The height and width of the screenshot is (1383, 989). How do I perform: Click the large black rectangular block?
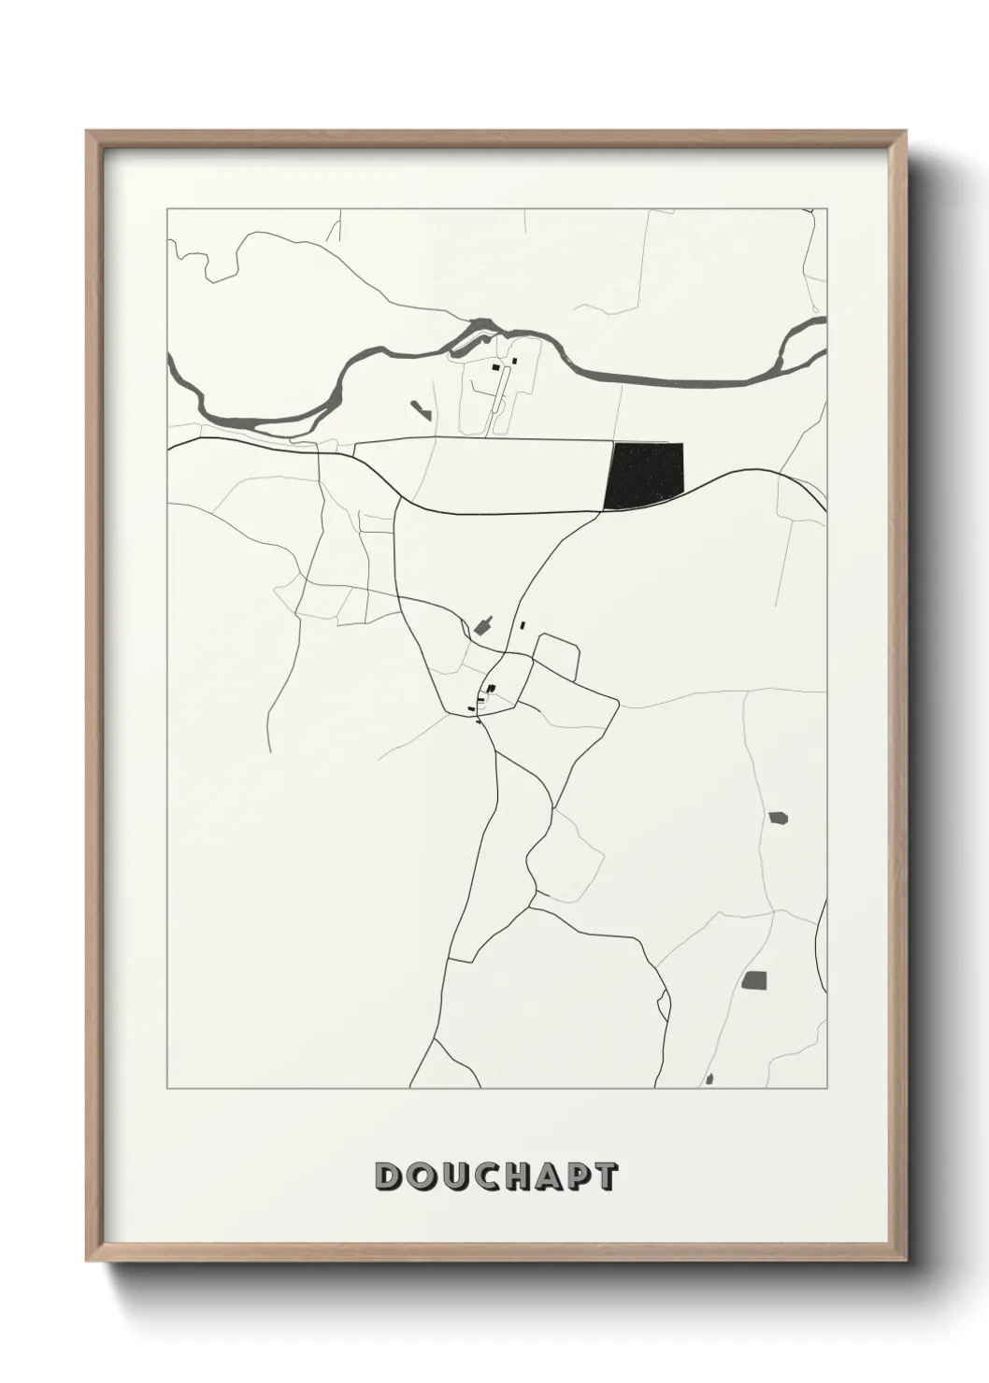[644, 476]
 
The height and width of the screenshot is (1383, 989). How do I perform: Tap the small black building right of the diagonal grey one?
[523, 625]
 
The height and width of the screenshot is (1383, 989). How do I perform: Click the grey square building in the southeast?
[754, 980]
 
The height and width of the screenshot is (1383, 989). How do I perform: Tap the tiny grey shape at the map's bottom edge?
[709, 1079]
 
